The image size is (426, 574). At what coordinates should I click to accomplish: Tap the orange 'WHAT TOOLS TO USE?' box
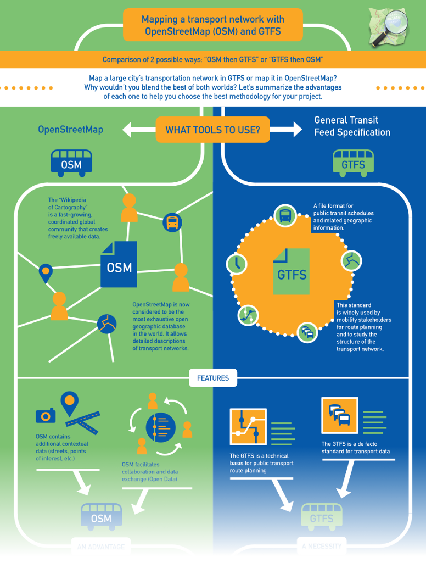click(212, 130)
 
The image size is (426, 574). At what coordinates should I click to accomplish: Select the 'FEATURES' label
click(213, 378)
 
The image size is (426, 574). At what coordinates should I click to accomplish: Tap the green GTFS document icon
click(292, 271)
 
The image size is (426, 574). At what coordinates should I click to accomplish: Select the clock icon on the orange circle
click(237, 264)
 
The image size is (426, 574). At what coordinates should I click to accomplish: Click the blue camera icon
click(46, 415)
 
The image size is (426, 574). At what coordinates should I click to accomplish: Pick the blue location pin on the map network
click(46, 273)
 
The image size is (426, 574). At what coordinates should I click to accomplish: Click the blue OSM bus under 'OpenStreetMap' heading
click(71, 163)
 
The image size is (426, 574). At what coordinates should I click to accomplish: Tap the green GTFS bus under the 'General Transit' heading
click(353, 163)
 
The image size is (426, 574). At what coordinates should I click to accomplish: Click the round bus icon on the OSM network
click(172, 222)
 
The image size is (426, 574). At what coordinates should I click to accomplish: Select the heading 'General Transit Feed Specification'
click(352, 126)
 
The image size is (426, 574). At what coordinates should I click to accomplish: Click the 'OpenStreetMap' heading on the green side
click(70, 130)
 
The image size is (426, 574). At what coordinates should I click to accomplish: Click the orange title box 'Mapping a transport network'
click(213, 25)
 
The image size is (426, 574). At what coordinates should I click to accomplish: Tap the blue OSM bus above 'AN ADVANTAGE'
click(101, 516)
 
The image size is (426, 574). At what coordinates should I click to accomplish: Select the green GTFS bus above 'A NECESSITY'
click(322, 516)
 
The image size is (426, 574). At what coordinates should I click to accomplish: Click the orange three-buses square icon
click(339, 416)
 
